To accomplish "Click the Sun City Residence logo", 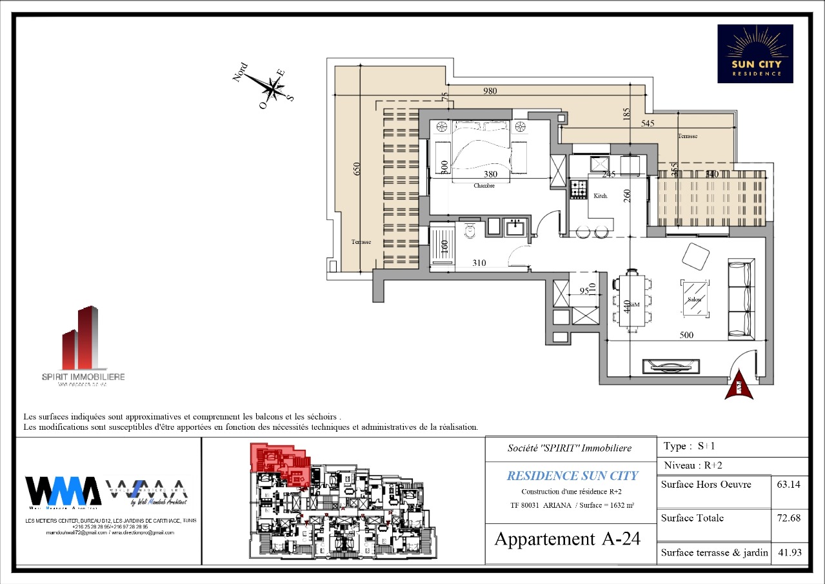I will pyautogui.click(x=755, y=54).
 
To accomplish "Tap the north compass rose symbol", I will pyautogui.click(x=274, y=86).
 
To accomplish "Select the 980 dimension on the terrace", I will pyautogui.click(x=490, y=91).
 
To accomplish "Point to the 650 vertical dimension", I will pyautogui.click(x=357, y=168).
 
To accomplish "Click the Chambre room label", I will pyautogui.click(x=484, y=186).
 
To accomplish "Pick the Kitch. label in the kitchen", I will pyautogui.click(x=601, y=195).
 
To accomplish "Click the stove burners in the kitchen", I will pyautogui.click(x=578, y=188).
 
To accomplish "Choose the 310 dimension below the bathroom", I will pyautogui.click(x=478, y=263).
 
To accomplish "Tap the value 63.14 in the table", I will pyautogui.click(x=790, y=485).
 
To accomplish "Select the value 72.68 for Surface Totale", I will pyautogui.click(x=790, y=518).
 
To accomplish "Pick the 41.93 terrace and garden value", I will pyautogui.click(x=790, y=552).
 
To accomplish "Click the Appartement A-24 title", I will pyautogui.click(x=567, y=539).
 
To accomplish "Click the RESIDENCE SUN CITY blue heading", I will pyautogui.click(x=572, y=476).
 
